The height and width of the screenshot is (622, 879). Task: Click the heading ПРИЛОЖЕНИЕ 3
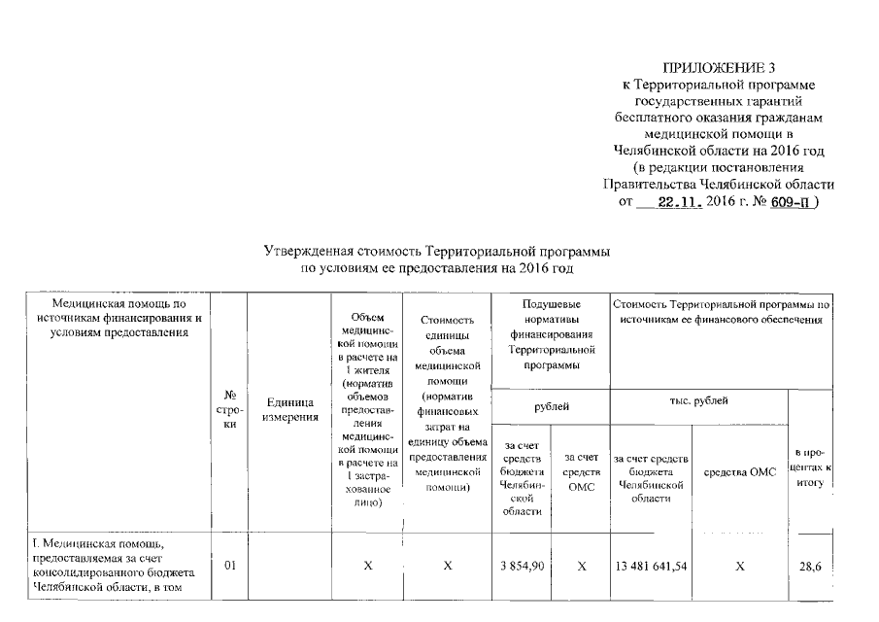(x=719, y=67)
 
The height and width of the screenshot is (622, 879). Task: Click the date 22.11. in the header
(x=677, y=204)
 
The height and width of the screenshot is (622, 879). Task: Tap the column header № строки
(x=231, y=410)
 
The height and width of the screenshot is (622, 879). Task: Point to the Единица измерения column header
(x=289, y=409)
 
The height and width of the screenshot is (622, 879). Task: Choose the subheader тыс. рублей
(x=698, y=400)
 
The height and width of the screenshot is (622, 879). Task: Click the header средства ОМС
(x=740, y=471)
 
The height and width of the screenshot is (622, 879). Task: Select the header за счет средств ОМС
(x=581, y=471)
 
